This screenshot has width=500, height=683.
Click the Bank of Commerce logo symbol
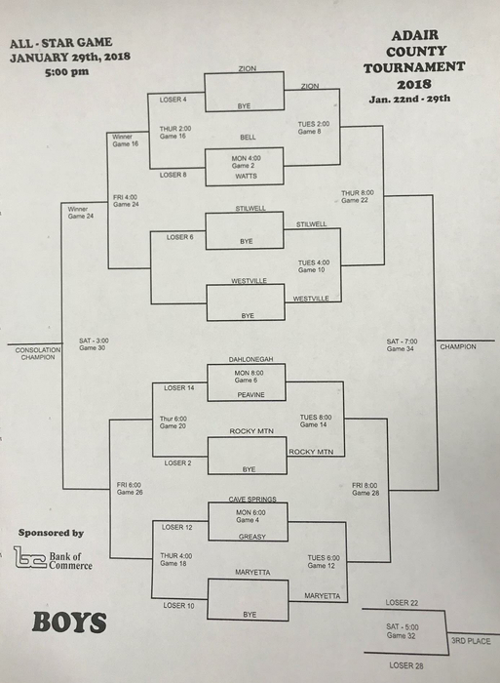[x=29, y=557]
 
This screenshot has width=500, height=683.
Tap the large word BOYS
[x=69, y=623]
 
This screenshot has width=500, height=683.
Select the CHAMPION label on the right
[x=458, y=346]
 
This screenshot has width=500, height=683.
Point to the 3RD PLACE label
[x=471, y=641]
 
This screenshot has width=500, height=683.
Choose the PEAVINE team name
[x=250, y=394]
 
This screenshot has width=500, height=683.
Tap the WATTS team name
[x=246, y=176]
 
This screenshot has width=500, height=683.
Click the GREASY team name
[x=252, y=537]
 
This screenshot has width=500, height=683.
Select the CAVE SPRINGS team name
[x=252, y=500]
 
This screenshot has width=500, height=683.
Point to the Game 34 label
[x=400, y=349]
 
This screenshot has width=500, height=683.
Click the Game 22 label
[x=354, y=200]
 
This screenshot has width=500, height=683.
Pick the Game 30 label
[x=92, y=348]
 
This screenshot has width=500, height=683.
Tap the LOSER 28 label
[x=406, y=665]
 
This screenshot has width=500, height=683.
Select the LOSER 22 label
[x=402, y=602]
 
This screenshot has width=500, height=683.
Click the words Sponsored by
[x=51, y=533]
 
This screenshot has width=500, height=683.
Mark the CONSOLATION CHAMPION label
[x=38, y=353]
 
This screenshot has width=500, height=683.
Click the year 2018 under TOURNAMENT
[x=414, y=84]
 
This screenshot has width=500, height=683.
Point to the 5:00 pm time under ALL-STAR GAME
[x=66, y=71]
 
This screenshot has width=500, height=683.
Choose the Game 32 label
[x=401, y=635]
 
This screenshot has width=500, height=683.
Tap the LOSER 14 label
[x=179, y=387]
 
